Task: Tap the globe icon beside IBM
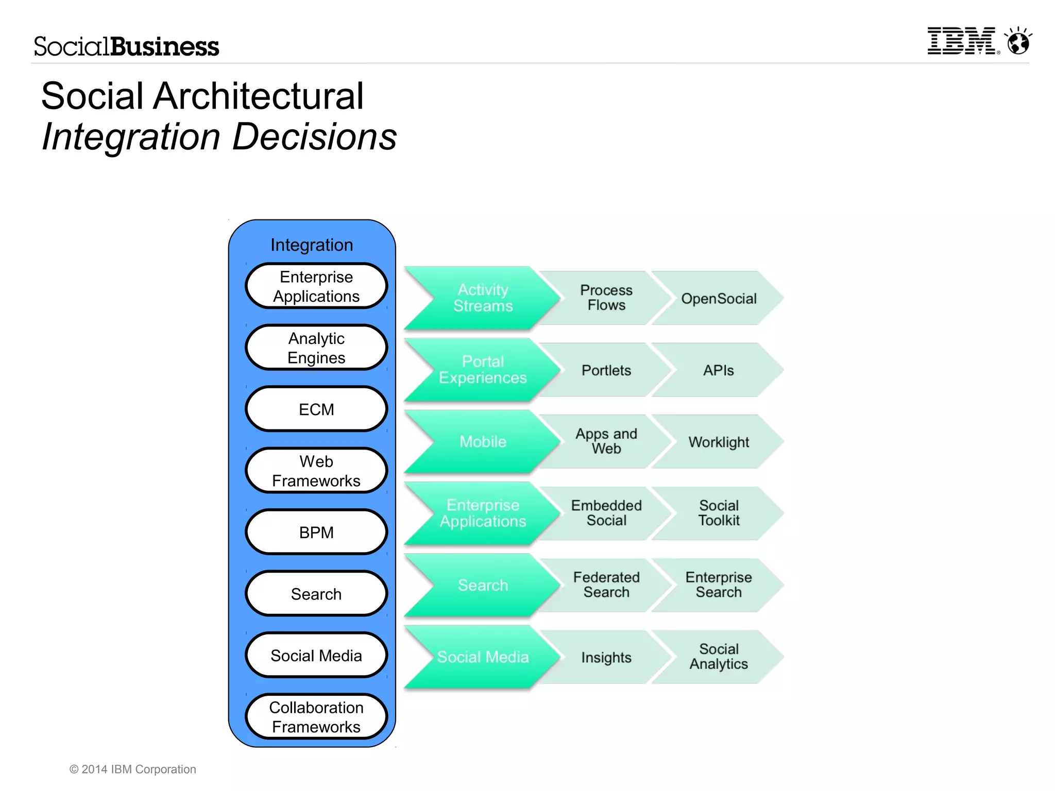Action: [1018, 42]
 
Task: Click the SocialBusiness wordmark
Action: [126, 46]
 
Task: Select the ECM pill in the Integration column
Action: [316, 409]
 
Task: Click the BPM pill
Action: [316, 532]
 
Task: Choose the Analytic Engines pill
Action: [316, 348]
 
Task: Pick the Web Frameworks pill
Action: [316, 471]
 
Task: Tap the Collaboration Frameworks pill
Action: [316, 717]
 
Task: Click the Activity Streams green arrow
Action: [483, 298]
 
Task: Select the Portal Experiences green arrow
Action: [483, 370]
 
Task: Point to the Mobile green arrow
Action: [483, 441]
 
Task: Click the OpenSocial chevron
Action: [719, 299]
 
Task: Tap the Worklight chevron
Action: [719, 442]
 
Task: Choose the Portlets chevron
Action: [606, 370]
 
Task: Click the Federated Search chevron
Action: [606, 585]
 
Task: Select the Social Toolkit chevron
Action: [719, 513]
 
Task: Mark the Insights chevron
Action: [606, 657]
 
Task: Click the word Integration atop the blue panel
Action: [312, 245]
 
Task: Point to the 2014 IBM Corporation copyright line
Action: [133, 769]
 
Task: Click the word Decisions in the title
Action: [314, 137]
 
